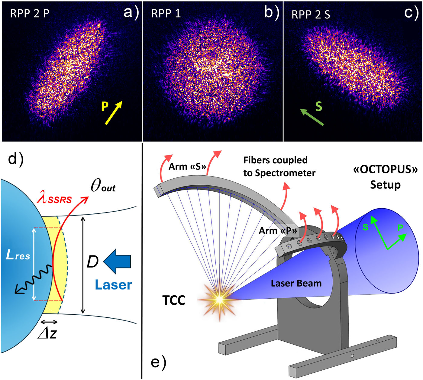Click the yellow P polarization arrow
[114, 113]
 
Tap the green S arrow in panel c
[312, 117]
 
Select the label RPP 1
[166, 14]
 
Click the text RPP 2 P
[30, 14]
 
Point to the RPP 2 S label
[311, 15]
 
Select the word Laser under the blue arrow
[113, 285]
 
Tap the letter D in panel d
[92, 262]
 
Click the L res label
[18, 256]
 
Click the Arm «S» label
[187, 166]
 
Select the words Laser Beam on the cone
[296, 283]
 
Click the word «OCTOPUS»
[385, 169]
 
